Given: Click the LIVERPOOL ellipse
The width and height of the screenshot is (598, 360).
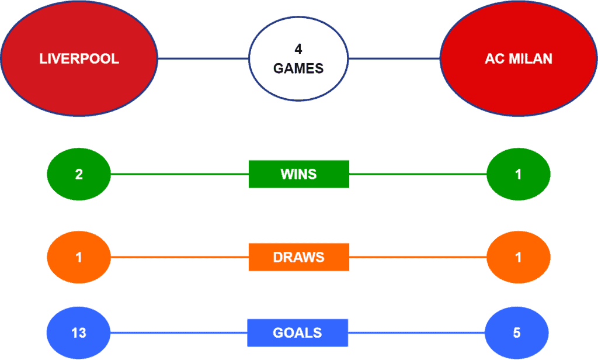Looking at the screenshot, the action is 79,58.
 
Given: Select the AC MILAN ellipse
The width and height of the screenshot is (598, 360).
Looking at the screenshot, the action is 519,58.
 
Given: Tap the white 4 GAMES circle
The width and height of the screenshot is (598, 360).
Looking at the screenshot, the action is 298,59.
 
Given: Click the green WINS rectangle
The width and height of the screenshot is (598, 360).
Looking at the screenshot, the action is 298,174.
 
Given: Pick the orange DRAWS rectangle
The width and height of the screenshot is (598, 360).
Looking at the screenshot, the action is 298,257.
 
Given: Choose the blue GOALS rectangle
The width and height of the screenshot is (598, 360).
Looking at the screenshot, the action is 297,333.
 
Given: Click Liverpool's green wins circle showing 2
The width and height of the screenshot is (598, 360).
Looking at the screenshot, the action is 79,174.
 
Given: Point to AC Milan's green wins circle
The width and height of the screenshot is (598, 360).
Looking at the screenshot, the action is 519,174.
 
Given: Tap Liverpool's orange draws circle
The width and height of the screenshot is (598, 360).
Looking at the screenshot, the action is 79,257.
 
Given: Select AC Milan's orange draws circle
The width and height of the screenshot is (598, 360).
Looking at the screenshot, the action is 519,257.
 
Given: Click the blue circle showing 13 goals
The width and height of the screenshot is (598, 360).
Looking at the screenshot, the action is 79,333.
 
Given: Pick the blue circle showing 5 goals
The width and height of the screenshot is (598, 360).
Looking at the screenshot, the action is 517,333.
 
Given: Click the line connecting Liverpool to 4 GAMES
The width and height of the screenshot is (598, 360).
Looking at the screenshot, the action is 203,58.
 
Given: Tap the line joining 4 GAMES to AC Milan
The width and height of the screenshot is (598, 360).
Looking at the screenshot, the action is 394,58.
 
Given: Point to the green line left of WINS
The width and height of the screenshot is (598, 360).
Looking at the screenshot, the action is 180,174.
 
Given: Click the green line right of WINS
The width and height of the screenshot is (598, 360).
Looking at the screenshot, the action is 418,174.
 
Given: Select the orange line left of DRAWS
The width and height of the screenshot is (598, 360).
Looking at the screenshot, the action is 180,257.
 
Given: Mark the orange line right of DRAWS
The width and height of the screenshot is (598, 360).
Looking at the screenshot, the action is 418,257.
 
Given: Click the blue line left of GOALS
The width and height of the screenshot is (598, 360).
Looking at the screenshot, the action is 179,333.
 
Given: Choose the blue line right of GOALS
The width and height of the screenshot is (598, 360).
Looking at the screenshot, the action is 416,333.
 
